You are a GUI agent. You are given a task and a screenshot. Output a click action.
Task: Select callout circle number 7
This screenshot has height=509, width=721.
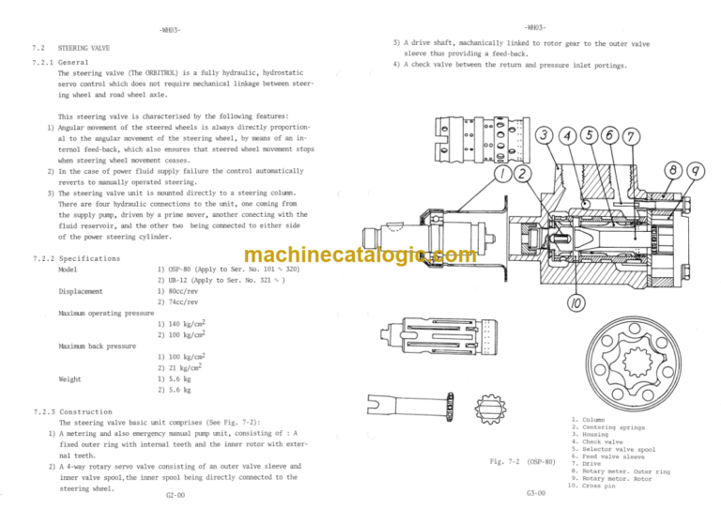click(629, 137)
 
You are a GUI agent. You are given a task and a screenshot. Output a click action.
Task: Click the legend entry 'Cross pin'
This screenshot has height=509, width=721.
click(602, 484)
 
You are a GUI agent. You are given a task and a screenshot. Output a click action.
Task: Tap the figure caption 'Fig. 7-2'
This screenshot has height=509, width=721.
click(507, 462)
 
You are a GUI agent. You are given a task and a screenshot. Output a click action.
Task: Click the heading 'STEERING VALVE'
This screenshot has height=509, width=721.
click(84, 45)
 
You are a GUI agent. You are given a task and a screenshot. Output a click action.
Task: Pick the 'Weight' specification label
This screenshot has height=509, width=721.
click(69, 379)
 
